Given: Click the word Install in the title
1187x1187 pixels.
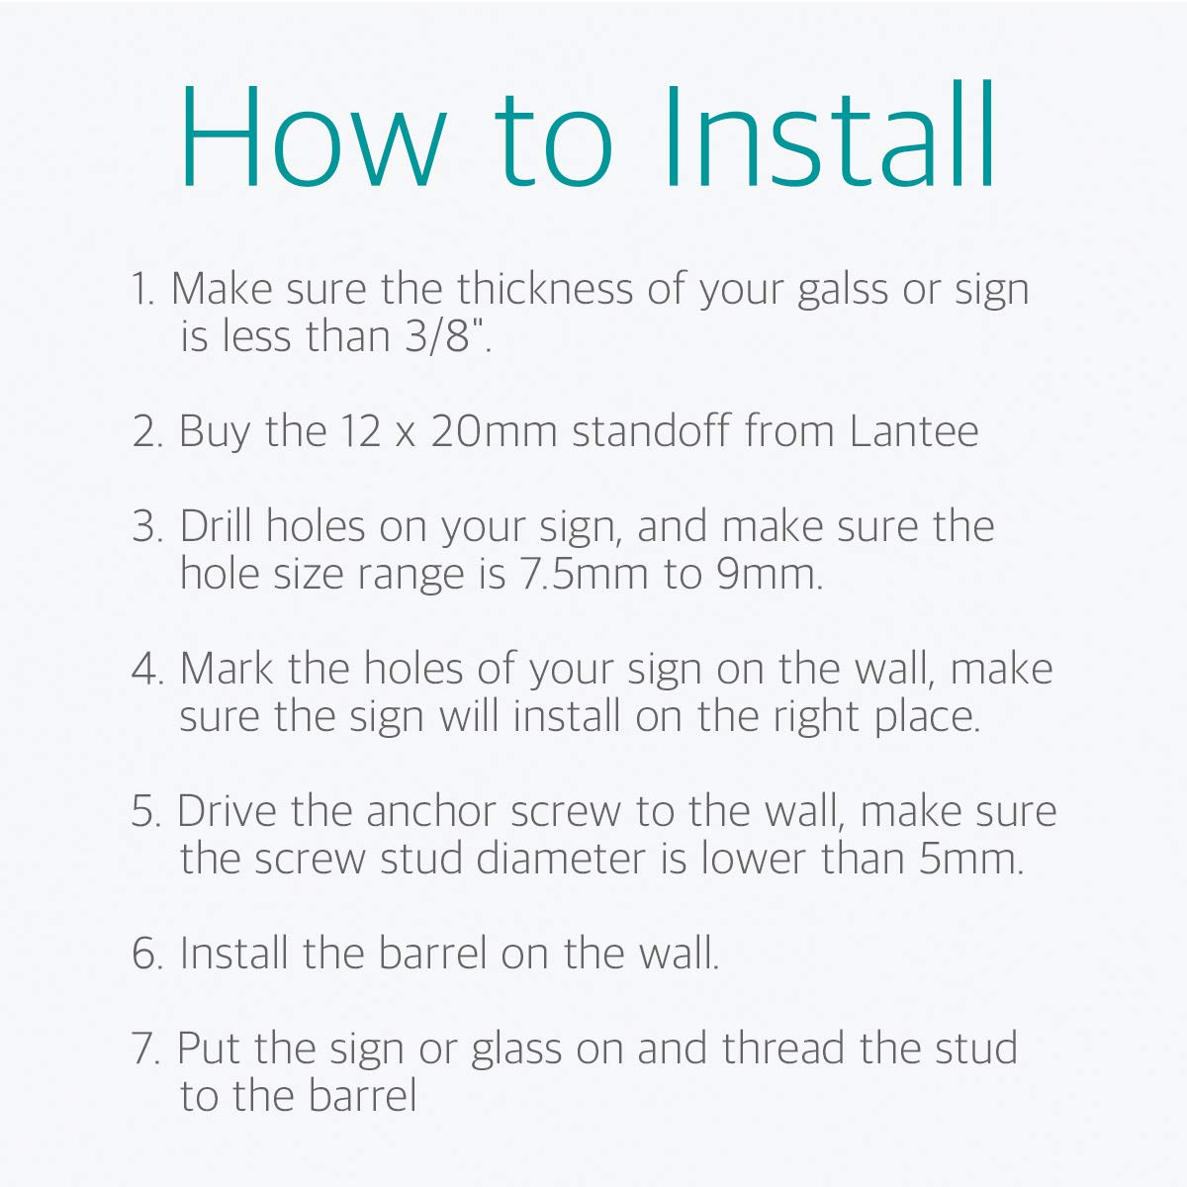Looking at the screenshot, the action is click(829, 134).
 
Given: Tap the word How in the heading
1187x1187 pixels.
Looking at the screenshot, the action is click(313, 136).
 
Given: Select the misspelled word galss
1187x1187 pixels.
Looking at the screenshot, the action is click(843, 291).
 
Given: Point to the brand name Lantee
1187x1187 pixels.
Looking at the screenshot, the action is click(914, 431).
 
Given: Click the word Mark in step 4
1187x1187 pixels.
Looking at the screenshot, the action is click(227, 669).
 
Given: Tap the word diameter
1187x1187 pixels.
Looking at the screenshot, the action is click(561, 859).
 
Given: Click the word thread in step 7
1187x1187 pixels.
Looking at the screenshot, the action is click(782, 1048).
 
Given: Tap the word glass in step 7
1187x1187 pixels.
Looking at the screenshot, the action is click(516, 1050).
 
